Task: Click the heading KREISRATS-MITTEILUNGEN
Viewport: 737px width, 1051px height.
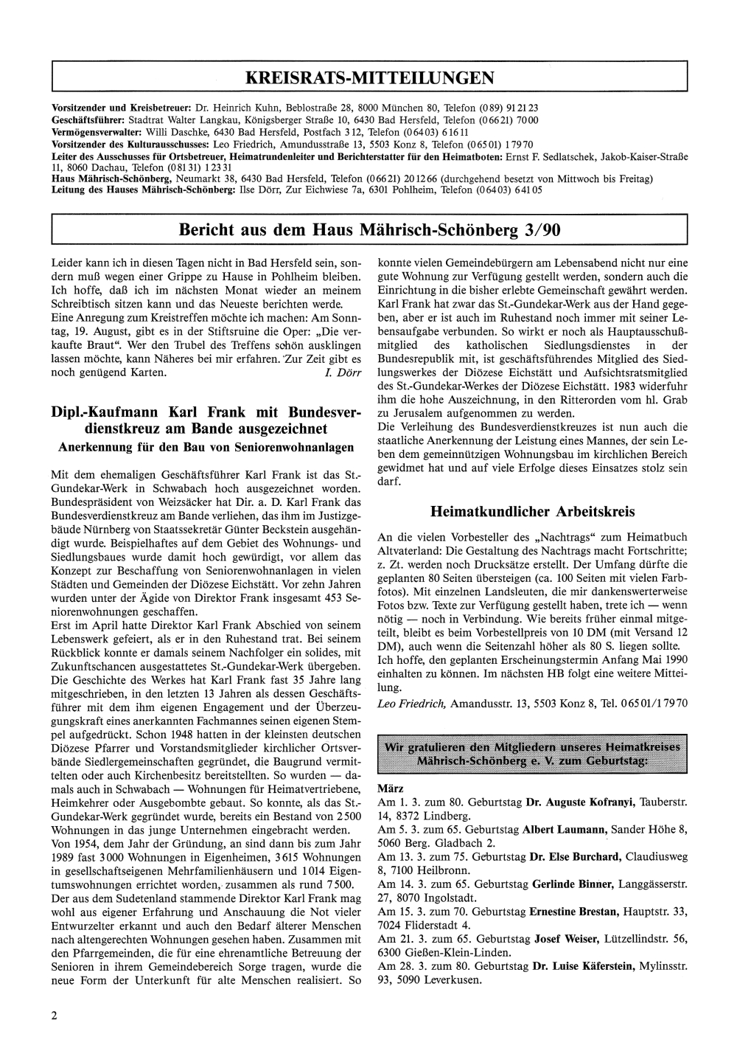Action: click(x=369, y=77)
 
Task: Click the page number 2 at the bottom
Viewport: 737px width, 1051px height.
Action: click(x=55, y=1015)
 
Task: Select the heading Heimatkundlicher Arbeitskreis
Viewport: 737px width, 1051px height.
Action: click(x=531, y=511)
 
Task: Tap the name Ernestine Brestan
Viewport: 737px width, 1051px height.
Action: click(x=574, y=911)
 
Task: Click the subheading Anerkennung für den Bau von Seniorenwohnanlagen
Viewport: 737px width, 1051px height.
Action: click(x=206, y=447)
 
